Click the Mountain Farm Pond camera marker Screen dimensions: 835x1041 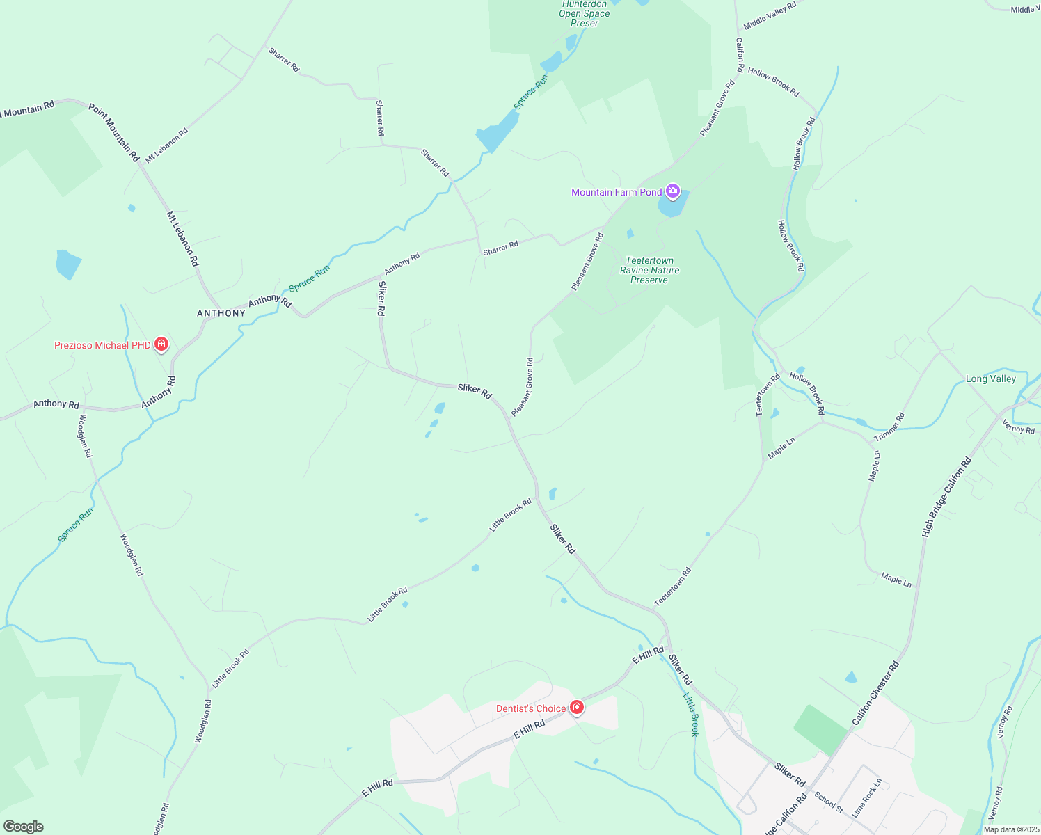pos(672,191)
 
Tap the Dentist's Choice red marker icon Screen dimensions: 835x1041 pos(576,708)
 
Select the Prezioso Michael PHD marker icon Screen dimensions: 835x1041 pos(161,344)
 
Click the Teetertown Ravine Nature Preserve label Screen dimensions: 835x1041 pos(649,270)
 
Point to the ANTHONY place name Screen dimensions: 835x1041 pos(221,313)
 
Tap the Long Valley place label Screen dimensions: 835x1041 pos(990,379)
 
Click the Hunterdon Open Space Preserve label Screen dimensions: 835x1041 pos(585,13)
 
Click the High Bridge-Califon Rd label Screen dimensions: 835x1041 pos(946,497)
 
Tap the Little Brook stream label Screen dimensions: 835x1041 pos(690,714)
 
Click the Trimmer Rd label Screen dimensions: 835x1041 pos(889,427)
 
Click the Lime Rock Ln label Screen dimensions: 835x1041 pos(866,797)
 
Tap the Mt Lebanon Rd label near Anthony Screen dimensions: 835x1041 pos(182,239)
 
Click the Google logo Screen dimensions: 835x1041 pos(23,826)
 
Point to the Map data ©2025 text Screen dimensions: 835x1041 pos(1010,829)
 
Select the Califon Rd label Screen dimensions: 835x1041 pos(740,55)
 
